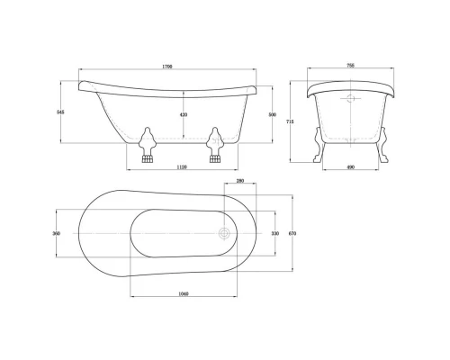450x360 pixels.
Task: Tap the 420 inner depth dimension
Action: (184, 115)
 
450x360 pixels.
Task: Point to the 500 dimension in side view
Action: (271, 115)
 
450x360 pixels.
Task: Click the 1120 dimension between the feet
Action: (181, 168)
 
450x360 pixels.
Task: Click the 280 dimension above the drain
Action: (239, 181)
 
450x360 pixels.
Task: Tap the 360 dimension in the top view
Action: (56, 233)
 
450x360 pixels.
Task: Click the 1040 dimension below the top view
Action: (184, 294)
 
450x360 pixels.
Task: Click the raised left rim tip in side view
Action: (82, 85)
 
